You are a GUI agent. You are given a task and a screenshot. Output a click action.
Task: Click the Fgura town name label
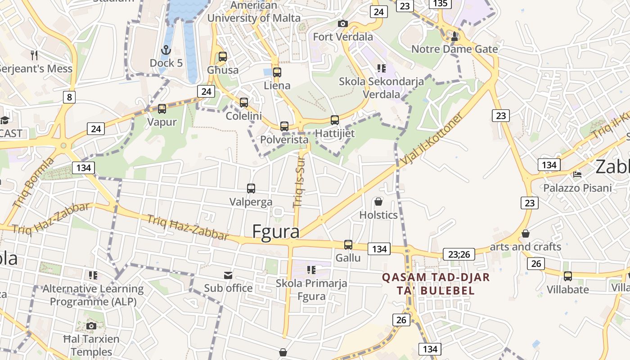(276, 231)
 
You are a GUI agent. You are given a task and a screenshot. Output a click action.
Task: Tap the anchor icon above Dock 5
(166, 49)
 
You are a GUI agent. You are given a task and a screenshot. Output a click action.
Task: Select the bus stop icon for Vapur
(162, 109)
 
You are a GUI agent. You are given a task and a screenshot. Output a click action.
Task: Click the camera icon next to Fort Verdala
(343, 23)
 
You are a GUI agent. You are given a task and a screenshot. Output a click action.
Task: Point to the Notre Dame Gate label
(454, 49)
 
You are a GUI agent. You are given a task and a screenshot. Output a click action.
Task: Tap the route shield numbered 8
(69, 97)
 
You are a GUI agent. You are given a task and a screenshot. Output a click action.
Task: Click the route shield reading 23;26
(459, 254)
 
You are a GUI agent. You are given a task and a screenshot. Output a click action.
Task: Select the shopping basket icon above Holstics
(378, 202)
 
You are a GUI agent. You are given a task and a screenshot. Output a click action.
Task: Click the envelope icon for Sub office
(228, 275)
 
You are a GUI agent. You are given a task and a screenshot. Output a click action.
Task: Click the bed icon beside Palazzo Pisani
(577, 174)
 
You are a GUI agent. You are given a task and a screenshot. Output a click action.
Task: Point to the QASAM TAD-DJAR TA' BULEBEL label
(436, 283)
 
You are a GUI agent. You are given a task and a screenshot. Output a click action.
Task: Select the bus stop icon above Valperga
(251, 189)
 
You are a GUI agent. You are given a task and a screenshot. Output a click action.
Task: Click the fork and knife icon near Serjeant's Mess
(34, 55)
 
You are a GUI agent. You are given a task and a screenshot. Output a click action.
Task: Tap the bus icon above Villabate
(568, 276)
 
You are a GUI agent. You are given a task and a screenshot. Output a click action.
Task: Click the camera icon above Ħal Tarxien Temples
(91, 326)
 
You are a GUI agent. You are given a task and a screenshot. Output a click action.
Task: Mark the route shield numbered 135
(440, 4)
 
